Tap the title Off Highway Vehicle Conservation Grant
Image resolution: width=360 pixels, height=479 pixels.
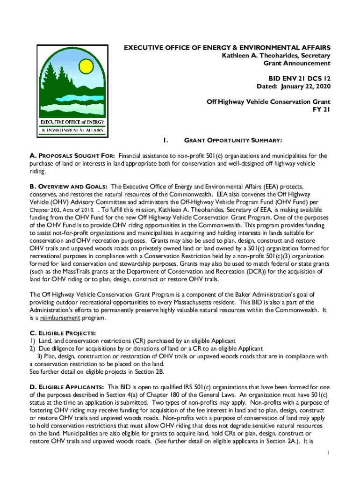coord(268,102)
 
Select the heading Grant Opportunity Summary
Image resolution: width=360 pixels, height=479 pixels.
coord(233,140)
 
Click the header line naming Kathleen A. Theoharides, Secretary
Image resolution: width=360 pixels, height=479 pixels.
coord(276,56)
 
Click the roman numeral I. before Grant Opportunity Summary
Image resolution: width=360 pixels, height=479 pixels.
coord(165,140)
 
